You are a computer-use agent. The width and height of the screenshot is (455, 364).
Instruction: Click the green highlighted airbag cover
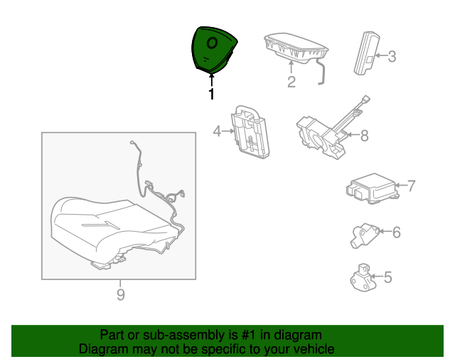pyautogui.click(x=213, y=50)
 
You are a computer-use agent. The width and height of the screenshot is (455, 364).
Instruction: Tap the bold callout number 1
pyautogui.click(x=212, y=94)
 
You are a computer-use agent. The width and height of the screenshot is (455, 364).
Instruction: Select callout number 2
pyautogui.click(x=291, y=82)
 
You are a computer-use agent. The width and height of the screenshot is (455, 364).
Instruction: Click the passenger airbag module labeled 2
pyautogui.click(x=296, y=49)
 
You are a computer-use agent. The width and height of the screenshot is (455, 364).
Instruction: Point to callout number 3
pyautogui.click(x=392, y=56)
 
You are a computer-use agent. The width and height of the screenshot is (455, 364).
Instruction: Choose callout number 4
pyautogui.click(x=217, y=132)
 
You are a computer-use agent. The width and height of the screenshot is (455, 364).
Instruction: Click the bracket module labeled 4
pyautogui.click(x=250, y=132)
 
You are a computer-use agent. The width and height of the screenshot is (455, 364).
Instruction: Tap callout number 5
pyautogui.click(x=388, y=277)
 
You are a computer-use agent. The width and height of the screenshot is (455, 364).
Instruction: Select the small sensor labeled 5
pyautogui.click(x=363, y=278)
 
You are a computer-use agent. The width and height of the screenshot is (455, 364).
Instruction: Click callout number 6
pyautogui.click(x=397, y=232)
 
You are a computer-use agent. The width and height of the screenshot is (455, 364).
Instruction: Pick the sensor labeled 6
pyautogui.click(x=365, y=235)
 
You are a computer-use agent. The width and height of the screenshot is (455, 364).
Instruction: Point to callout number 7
pyautogui.click(x=411, y=186)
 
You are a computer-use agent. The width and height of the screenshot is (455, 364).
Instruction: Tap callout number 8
pyautogui.click(x=365, y=136)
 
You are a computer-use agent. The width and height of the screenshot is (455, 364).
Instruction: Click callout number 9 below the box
pyautogui.click(x=121, y=294)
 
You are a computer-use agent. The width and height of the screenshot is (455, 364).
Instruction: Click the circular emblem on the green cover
pyautogui.click(x=212, y=43)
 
